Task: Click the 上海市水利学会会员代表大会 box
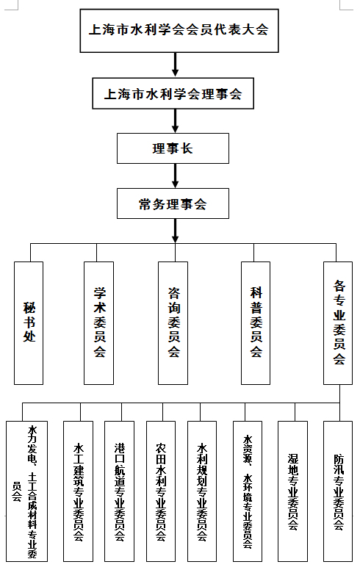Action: (x=179, y=31)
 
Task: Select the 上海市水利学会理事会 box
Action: (x=173, y=93)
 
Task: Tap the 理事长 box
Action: (x=173, y=148)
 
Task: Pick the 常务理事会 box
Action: (x=173, y=203)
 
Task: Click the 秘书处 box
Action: (x=29, y=323)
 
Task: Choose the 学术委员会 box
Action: (x=99, y=323)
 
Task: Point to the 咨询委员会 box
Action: (x=173, y=323)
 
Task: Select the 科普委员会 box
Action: (x=256, y=323)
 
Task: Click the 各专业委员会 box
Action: (x=338, y=323)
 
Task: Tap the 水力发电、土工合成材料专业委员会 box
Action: (x=27, y=491)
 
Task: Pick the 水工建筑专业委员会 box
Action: (x=78, y=491)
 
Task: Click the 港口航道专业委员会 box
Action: (x=119, y=491)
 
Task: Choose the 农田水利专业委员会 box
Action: (x=161, y=491)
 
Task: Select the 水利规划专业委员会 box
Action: (x=202, y=491)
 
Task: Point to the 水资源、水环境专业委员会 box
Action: (x=248, y=491)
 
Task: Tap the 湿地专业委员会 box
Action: (x=292, y=491)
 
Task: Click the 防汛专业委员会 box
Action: (x=338, y=491)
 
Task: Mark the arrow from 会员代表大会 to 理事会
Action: (x=176, y=65)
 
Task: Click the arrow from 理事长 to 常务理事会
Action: (x=176, y=176)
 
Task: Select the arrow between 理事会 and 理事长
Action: (x=176, y=121)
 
